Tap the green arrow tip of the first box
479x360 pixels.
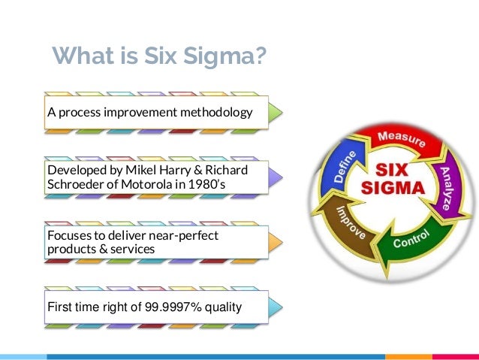coord(276,113)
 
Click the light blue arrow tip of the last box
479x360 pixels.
coord(276,306)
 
